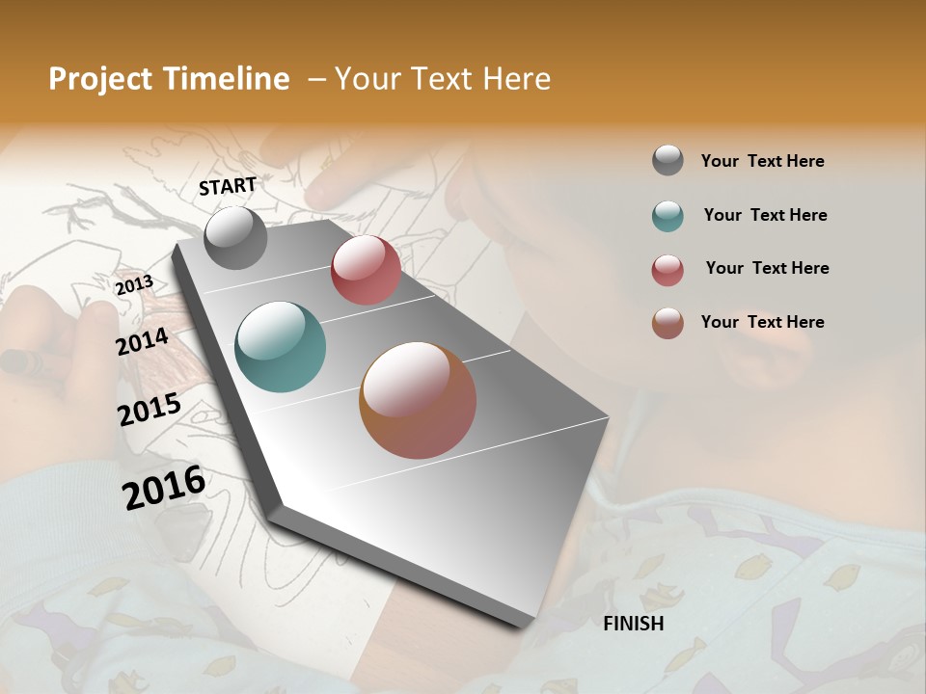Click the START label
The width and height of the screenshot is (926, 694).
point(228,186)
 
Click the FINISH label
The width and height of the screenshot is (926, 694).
point(633,624)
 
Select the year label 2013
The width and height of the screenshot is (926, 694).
point(134,284)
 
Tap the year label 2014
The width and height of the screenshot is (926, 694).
point(142,341)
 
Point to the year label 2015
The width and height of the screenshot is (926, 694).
point(150,410)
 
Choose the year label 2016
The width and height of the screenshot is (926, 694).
point(164,487)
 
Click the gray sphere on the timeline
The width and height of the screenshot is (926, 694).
point(235,237)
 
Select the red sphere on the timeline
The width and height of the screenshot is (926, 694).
point(366,270)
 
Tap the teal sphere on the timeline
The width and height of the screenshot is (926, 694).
point(280,347)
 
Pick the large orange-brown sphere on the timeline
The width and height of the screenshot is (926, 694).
point(418,400)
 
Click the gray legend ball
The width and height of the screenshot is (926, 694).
point(667,161)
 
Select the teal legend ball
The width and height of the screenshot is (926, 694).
point(667,216)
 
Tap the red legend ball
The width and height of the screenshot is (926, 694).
point(667,270)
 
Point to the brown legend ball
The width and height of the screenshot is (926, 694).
point(667,323)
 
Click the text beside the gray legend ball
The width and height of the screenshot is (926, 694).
point(762,161)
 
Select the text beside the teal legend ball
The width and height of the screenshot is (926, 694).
point(765,215)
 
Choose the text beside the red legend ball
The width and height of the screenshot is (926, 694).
point(767,268)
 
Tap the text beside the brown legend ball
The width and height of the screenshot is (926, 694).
point(762,322)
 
